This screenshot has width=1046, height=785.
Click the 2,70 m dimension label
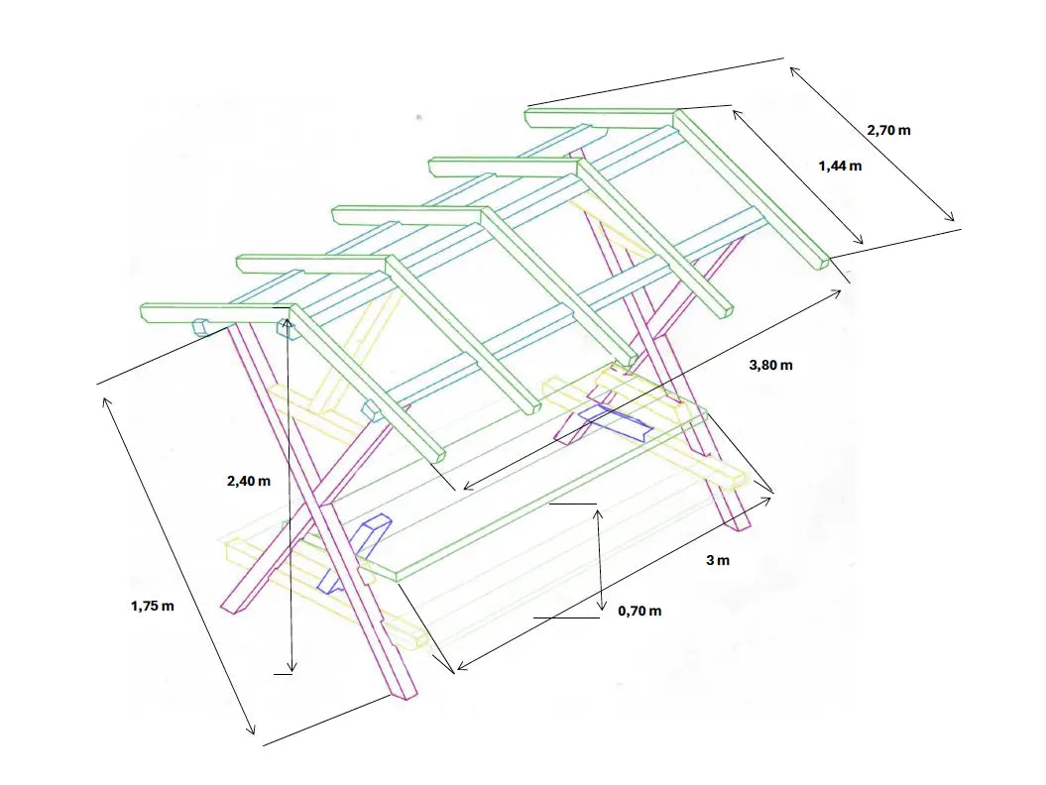[888, 130]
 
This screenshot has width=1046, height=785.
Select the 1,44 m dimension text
[840, 167]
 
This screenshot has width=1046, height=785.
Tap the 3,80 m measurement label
[770, 365]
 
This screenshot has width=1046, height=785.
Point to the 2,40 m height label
[249, 481]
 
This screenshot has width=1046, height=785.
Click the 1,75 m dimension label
[152, 607]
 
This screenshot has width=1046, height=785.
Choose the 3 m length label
[718, 560]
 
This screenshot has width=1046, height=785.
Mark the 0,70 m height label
[639, 611]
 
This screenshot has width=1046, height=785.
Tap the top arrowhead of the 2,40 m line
[287, 323]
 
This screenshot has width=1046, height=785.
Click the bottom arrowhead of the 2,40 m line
[291, 668]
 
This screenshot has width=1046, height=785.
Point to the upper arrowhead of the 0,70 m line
[599, 512]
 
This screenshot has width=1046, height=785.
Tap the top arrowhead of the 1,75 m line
[105, 401]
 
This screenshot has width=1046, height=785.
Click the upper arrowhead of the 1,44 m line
[737, 114]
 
